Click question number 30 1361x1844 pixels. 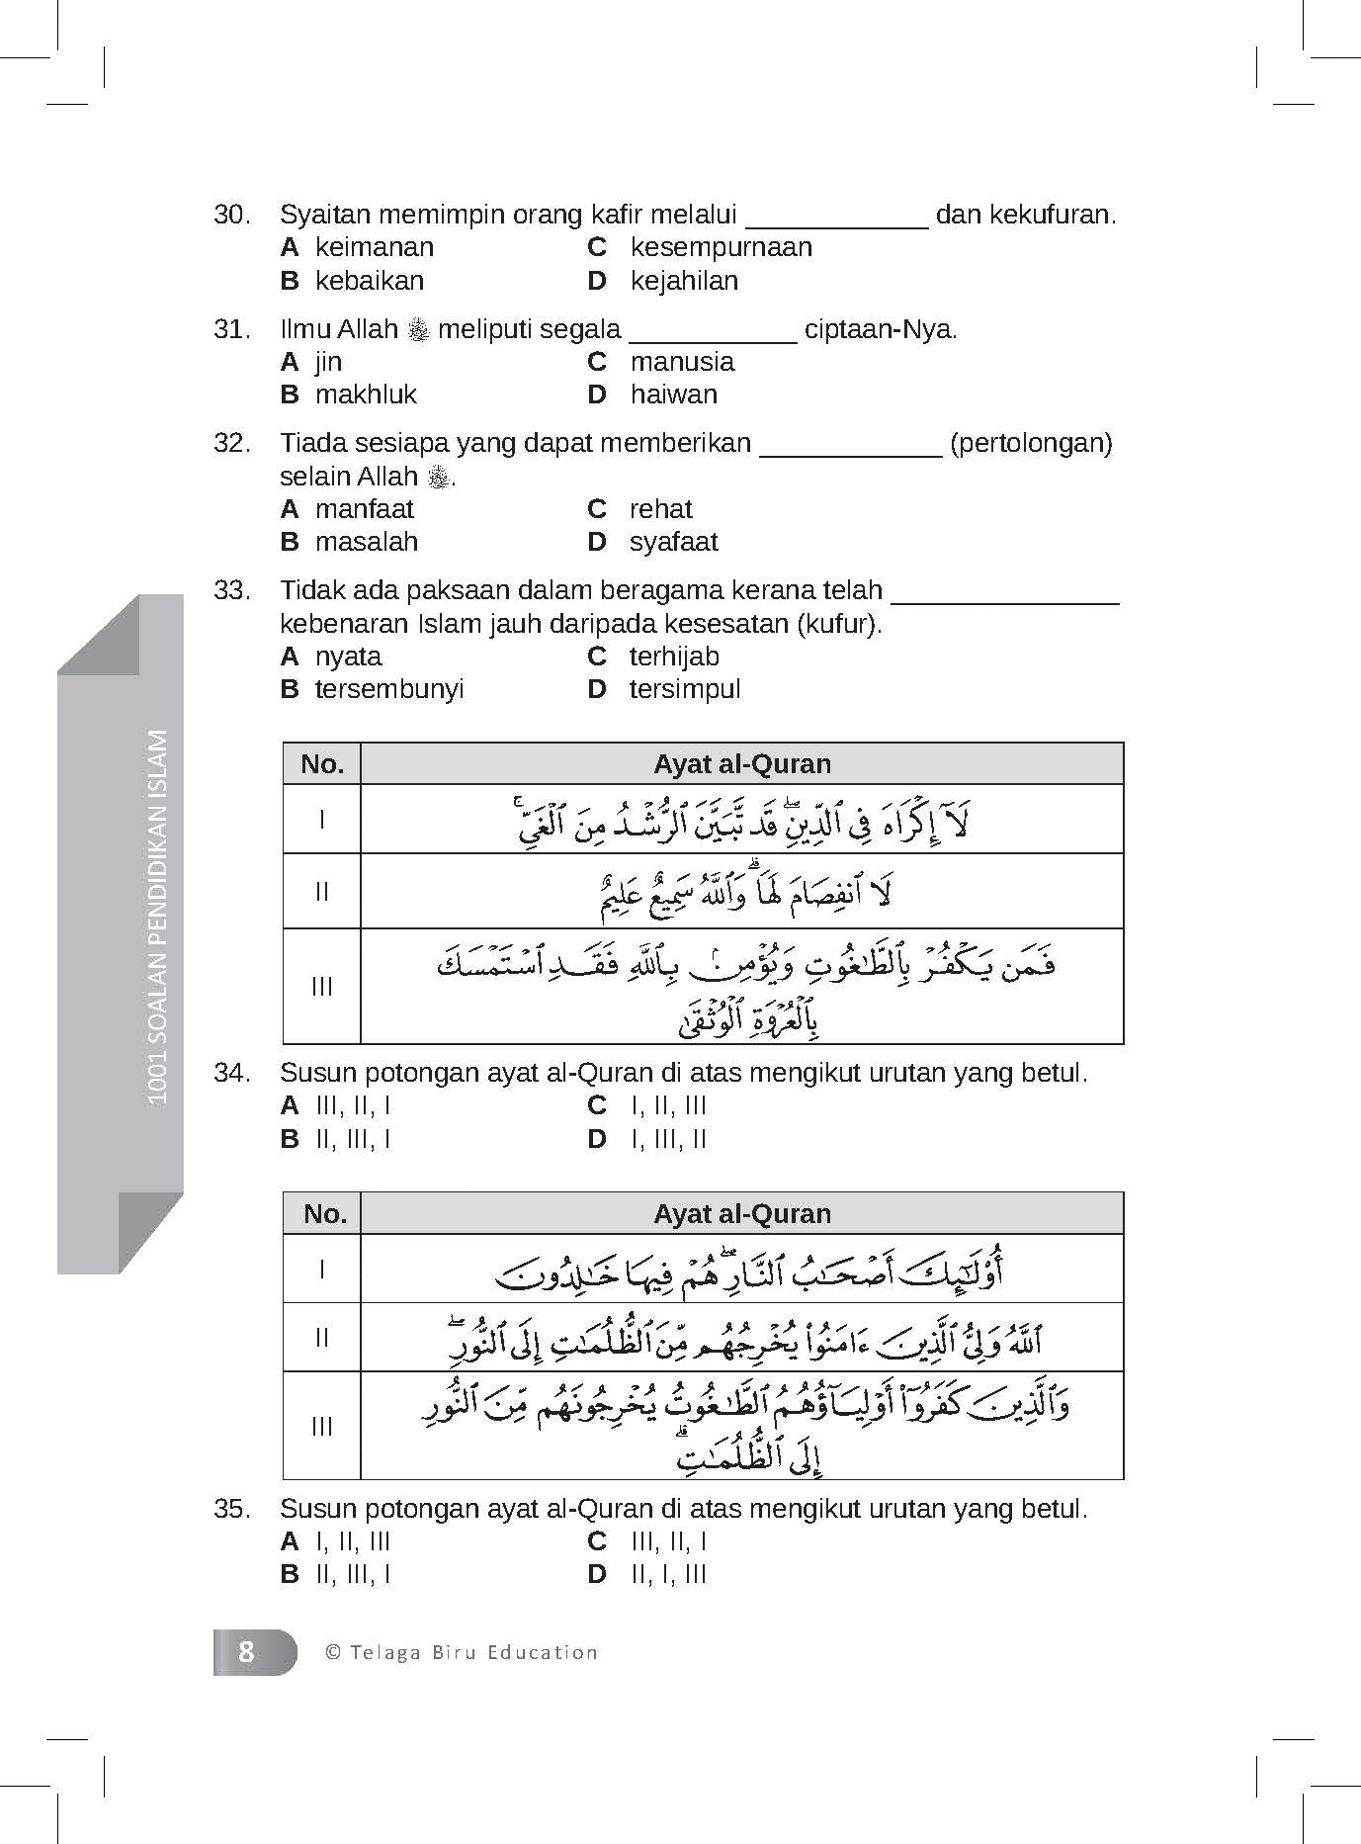pos(232,215)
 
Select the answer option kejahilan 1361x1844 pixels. pos(684,281)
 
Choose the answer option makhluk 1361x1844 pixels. pos(366,395)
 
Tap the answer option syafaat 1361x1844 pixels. pos(673,542)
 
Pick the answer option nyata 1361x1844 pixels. pos(348,657)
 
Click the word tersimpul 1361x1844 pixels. pos(684,689)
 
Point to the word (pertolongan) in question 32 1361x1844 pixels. pos(1031,443)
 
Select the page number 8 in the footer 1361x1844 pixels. pos(246,1652)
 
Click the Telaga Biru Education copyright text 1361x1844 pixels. pos(462,1652)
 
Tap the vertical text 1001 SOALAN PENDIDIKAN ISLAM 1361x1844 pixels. pos(156,916)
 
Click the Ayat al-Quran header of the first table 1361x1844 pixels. pos(741,764)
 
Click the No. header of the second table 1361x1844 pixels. pos(322,1213)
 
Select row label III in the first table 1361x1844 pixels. pos(322,986)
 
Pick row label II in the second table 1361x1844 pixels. pos(322,1338)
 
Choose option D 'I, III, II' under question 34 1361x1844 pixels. pos(668,1139)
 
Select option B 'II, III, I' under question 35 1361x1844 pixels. pos(353,1574)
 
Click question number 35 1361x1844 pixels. pos(232,1509)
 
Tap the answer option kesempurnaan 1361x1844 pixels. pos(721,247)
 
